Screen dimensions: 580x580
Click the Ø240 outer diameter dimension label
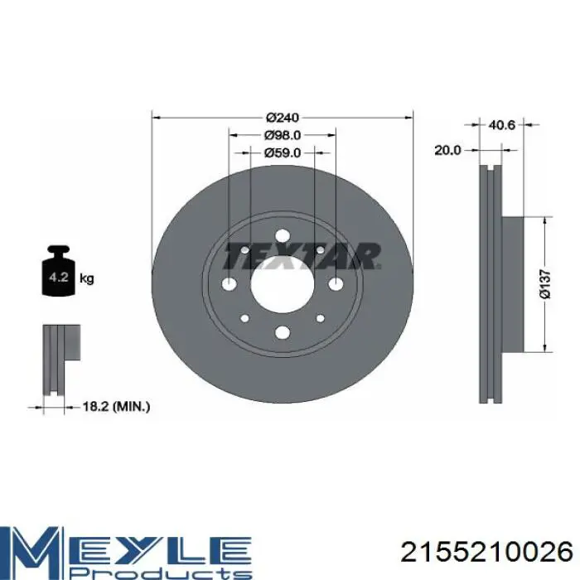click(283, 118)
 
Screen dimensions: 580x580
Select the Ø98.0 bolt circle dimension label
click(283, 135)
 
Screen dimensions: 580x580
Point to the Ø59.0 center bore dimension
click(283, 152)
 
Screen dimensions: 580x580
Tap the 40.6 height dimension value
click(501, 125)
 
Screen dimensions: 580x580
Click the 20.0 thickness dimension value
click(447, 150)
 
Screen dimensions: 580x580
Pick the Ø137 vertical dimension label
click(545, 283)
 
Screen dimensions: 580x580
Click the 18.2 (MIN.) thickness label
click(116, 407)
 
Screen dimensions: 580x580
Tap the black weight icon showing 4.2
click(59, 271)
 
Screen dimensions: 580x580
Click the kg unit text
click(87, 278)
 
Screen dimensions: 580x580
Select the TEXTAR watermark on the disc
click(302, 256)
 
